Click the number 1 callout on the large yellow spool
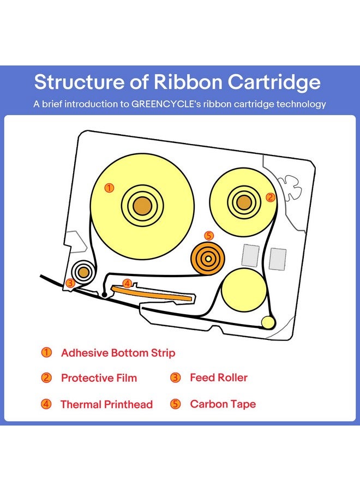pos(109,188)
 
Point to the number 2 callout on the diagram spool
pos(269,197)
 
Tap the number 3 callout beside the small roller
pos(70,283)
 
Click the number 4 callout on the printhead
pos(127,283)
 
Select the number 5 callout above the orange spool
pos(208,236)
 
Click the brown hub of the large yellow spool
pos(142,205)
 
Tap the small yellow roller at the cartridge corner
pos(267,322)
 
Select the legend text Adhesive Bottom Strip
pos(118,353)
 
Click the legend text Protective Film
pos(99,378)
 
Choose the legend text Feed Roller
pos(219,378)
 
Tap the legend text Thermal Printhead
pos(106,404)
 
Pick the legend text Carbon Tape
pos(223,404)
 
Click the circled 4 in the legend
pos(47,404)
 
